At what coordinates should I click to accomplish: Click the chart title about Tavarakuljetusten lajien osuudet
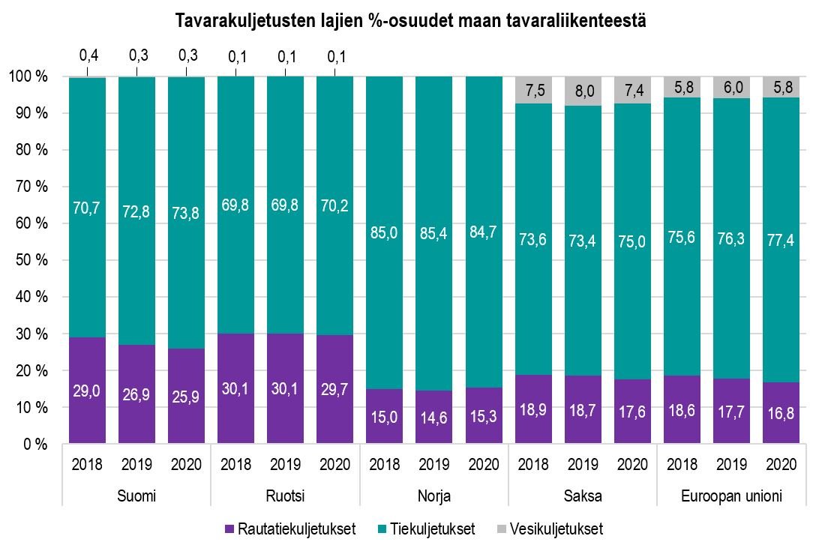pos(410,21)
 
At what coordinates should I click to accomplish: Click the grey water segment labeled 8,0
pos(583,91)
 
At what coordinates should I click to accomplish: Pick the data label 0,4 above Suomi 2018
pos(88,55)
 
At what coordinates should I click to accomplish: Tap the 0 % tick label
pos(33,444)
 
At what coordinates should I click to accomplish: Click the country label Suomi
pos(136,496)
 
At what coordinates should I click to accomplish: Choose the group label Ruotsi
pos(285,496)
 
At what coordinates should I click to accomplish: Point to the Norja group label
pos(434,496)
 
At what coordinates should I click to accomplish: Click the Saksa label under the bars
pos(583,496)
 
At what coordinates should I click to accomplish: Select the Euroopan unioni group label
pos(731,496)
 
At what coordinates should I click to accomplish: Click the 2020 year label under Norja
pos(484,464)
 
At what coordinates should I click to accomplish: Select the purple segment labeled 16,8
pos(781,413)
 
